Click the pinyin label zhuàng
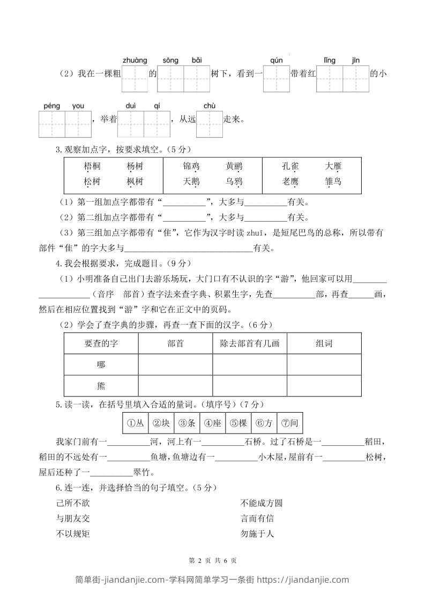click(x=135, y=60)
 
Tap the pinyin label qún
click(x=276, y=60)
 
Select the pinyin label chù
click(x=209, y=106)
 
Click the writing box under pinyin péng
click(x=52, y=124)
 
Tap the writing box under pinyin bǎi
click(x=196, y=79)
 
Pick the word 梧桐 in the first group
click(x=92, y=166)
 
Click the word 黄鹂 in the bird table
click(x=234, y=166)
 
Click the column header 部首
click(x=175, y=343)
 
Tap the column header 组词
click(x=324, y=343)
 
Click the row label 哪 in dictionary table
click(x=101, y=365)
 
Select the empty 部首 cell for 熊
click(x=175, y=386)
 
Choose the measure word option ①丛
click(x=135, y=423)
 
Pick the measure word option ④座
click(x=212, y=423)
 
